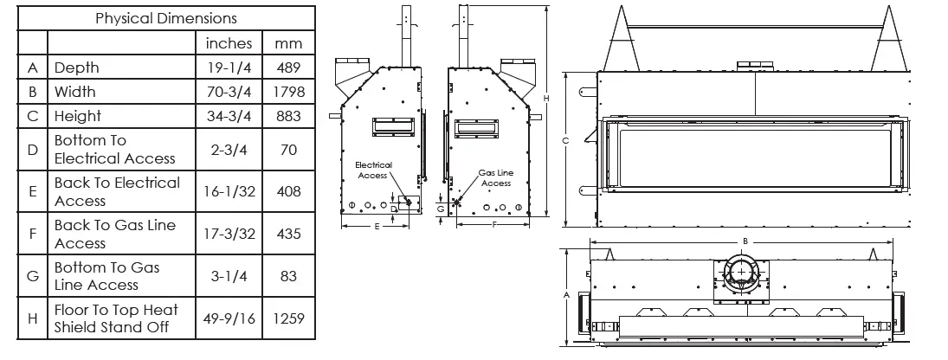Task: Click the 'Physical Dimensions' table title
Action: coord(165,18)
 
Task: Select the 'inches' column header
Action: coord(229,42)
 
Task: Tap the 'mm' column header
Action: coord(288,42)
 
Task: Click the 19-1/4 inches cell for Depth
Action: coord(229,67)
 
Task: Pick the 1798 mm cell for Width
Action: coord(288,92)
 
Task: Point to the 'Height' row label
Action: coord(78,116)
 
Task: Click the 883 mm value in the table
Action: coord(288,116)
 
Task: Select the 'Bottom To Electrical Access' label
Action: coord(114,150)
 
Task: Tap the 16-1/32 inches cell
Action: coord(229,191)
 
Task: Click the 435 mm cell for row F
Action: coord(288,234)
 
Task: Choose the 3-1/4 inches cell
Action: coord(229,276)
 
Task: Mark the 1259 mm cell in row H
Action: coord(288,318)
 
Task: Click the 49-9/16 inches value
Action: coord(229,318)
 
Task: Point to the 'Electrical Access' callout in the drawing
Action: coord(373,170)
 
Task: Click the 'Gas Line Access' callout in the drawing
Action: coord(496,177)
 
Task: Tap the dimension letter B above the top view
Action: coord(745,241)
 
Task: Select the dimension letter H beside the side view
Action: coord(545,99)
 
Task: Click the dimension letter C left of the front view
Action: coord(564,140)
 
